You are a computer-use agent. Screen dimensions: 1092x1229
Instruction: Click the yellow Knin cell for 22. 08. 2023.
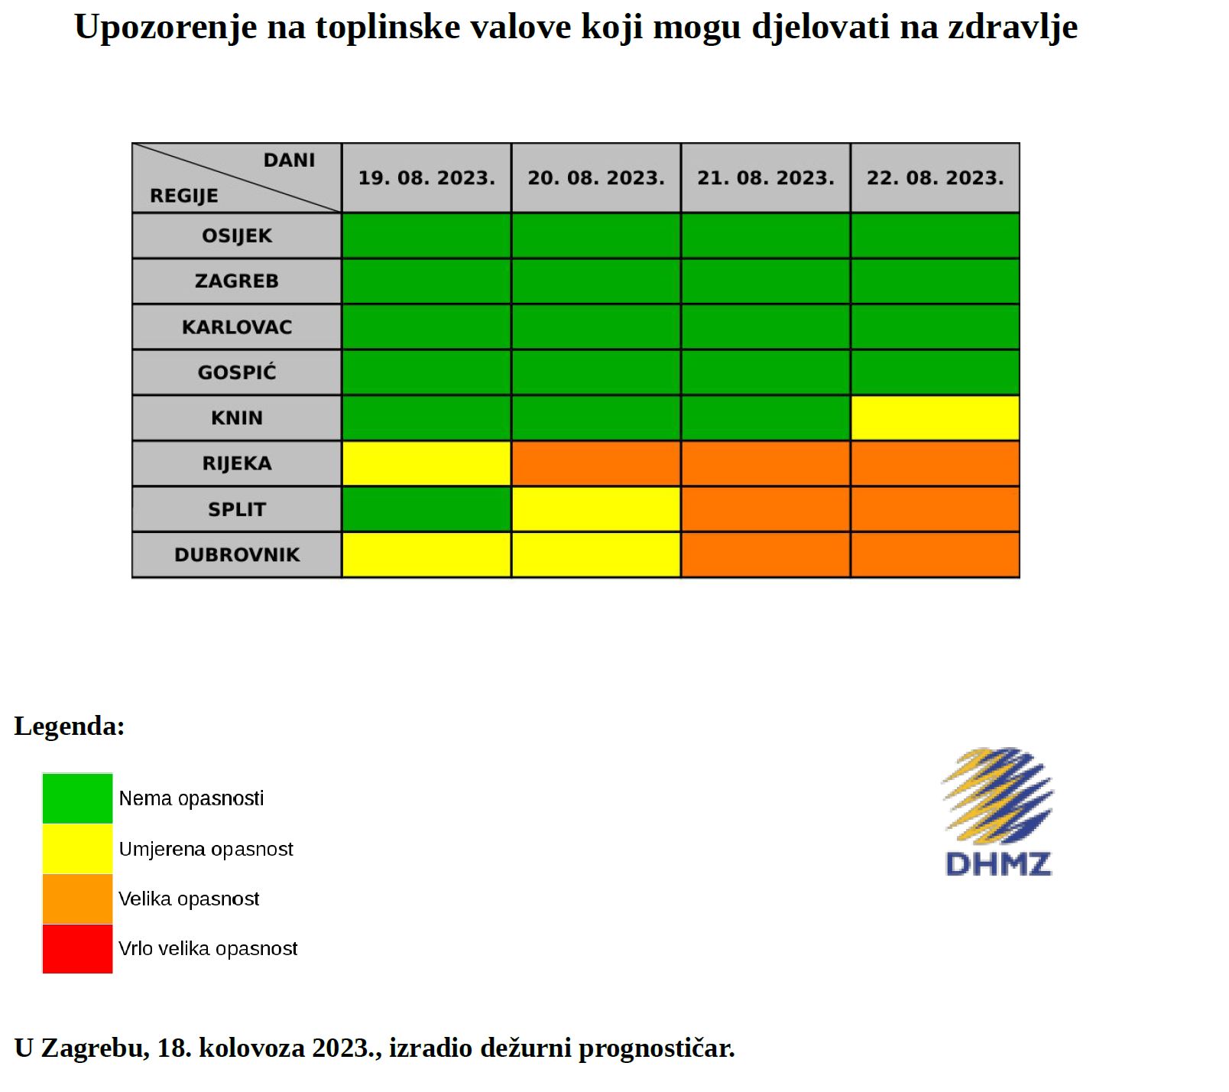click(x=935, y=418)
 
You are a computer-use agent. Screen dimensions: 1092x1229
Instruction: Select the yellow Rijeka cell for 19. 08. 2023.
click(x=426, y=463)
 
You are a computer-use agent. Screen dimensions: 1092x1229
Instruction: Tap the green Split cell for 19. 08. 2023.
click(x=426, y=509)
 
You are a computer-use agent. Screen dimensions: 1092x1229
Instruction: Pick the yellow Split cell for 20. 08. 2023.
click(x=596, y=509)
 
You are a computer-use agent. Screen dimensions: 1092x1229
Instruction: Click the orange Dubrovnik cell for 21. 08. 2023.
click(x=765, y=554)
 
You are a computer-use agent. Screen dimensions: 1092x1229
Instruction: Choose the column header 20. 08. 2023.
click(x=596, y=178)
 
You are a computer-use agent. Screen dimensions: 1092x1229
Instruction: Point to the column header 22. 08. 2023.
click(x=935, y=178)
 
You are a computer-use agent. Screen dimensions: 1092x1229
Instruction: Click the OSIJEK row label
click(x=237, y=236)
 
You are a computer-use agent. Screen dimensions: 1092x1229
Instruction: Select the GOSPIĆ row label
click(x=237, y=372)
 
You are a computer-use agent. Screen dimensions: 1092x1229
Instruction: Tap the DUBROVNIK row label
click(x=237, y=554)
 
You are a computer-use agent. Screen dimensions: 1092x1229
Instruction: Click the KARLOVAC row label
click(x=237, y=327)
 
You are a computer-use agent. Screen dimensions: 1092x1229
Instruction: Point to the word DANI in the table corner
click(x=289, y=161)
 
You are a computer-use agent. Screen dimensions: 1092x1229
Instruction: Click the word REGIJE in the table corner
click(x=184, y=196)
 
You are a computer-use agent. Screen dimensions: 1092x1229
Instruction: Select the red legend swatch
click(x=77, y=948)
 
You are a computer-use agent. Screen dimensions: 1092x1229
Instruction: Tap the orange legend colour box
click(x=77, y=899)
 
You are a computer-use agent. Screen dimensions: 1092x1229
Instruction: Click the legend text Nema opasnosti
click(x=191, y=798)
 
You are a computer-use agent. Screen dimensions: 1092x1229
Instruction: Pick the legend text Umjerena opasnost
click(x=206, y=849)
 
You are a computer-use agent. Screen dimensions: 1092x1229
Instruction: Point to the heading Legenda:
click(x=70, y=726)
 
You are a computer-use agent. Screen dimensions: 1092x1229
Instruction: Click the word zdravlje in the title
click(x=1013, y=28)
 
